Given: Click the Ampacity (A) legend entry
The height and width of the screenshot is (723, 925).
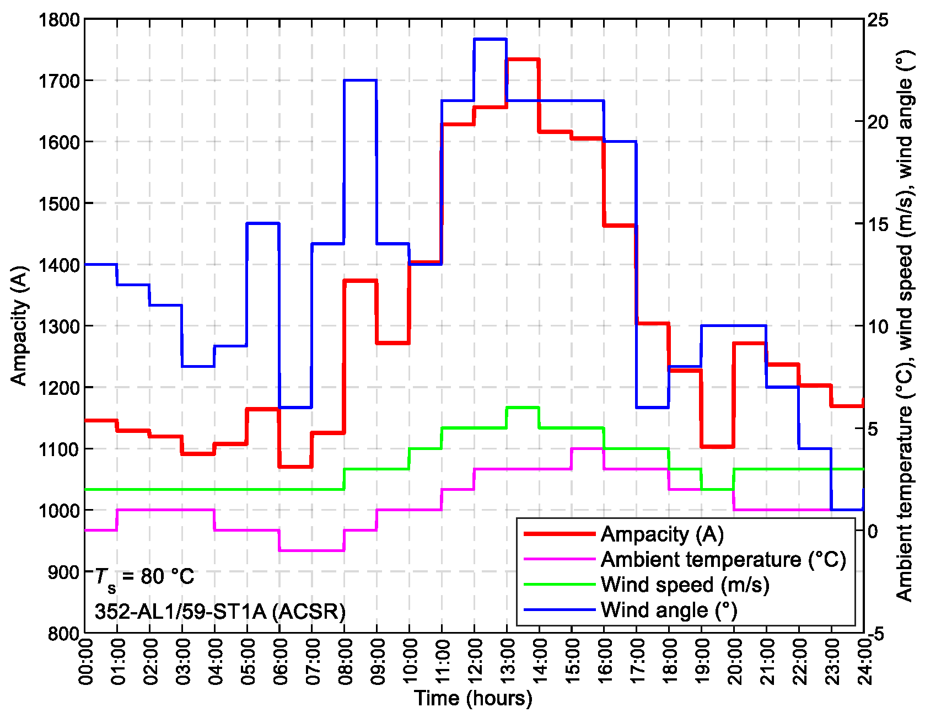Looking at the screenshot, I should (x=662, y=534).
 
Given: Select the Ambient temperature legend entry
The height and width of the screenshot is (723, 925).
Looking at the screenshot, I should (x=723, y=560).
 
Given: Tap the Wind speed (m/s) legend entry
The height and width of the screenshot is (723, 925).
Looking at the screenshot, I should (x=685, y=585).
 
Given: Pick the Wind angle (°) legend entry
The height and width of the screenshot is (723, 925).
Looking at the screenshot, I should (x=669, y=610).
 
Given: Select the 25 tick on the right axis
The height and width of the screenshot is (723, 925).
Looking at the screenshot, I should (x=878, y=20).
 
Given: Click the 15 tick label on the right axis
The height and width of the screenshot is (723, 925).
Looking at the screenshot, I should (x=878, y=224).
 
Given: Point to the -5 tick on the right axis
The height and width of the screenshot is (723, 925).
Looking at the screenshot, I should (x=878, y=633).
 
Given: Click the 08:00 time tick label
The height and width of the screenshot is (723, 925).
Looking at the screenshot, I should (x=346, y=661).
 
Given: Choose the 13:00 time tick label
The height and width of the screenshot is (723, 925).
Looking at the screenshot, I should (x=508, y=661).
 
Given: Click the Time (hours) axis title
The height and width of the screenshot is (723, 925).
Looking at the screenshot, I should (x=474, y=699).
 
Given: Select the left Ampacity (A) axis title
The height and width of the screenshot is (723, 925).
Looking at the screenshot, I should (x=19, y=326).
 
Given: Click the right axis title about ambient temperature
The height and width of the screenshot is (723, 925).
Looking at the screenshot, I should (x=905, y=325).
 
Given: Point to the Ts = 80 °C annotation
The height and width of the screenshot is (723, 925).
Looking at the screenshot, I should (x=144, y=577).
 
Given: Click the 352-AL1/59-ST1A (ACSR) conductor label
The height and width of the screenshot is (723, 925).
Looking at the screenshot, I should (x=220, y=611).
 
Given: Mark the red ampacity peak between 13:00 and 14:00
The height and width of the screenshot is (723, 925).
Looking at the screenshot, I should (x=523, y=59).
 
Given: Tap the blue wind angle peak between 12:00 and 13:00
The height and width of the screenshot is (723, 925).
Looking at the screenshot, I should (x=490, y=39).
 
